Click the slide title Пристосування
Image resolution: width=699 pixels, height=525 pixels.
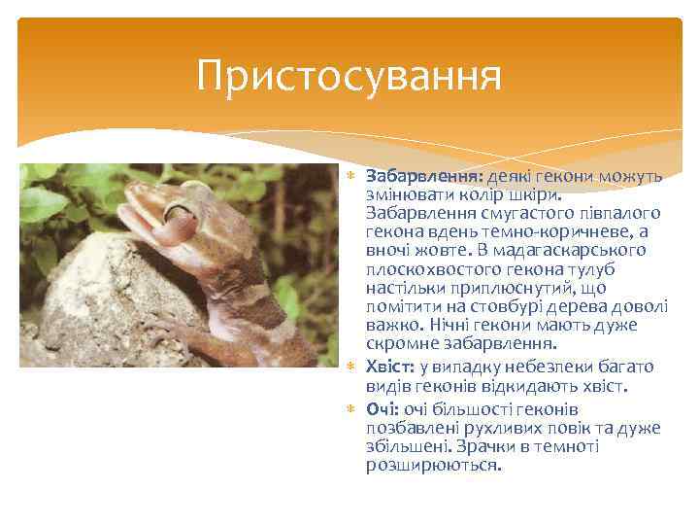349,76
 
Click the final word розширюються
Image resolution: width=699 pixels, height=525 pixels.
434,465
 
